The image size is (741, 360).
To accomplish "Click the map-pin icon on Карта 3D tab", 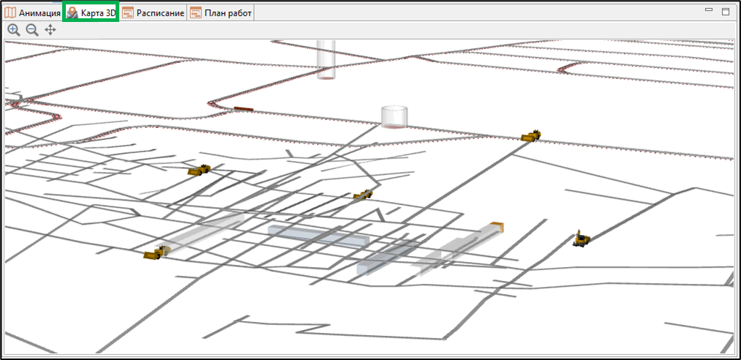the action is point(72,13).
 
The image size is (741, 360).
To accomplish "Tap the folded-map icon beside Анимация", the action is point(10,13).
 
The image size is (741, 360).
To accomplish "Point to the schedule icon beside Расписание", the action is point(128,13).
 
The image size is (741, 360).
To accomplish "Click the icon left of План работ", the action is point(195,13).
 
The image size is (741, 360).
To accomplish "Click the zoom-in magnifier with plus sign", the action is point(14,30).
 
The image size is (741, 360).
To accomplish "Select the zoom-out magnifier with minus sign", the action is point(32,30).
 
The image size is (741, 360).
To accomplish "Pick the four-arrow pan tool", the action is point(50,30).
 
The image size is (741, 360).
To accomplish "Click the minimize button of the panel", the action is point(708,10).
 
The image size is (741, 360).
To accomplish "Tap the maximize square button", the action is point(726,12).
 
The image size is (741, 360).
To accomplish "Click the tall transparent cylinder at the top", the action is point(326,59).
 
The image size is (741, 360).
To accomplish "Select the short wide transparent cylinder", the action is point(394,116).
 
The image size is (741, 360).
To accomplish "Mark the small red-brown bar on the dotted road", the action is point(244,109).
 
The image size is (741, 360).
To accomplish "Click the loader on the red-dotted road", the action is point(531,136).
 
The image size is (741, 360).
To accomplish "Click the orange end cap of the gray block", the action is point(497,228).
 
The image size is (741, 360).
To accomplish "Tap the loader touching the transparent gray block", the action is point(157,252).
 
